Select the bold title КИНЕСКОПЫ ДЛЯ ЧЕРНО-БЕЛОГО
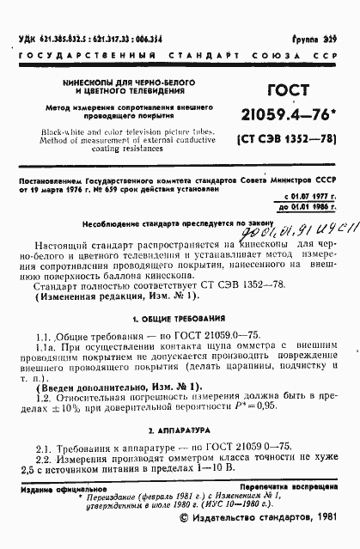[125, 80]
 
